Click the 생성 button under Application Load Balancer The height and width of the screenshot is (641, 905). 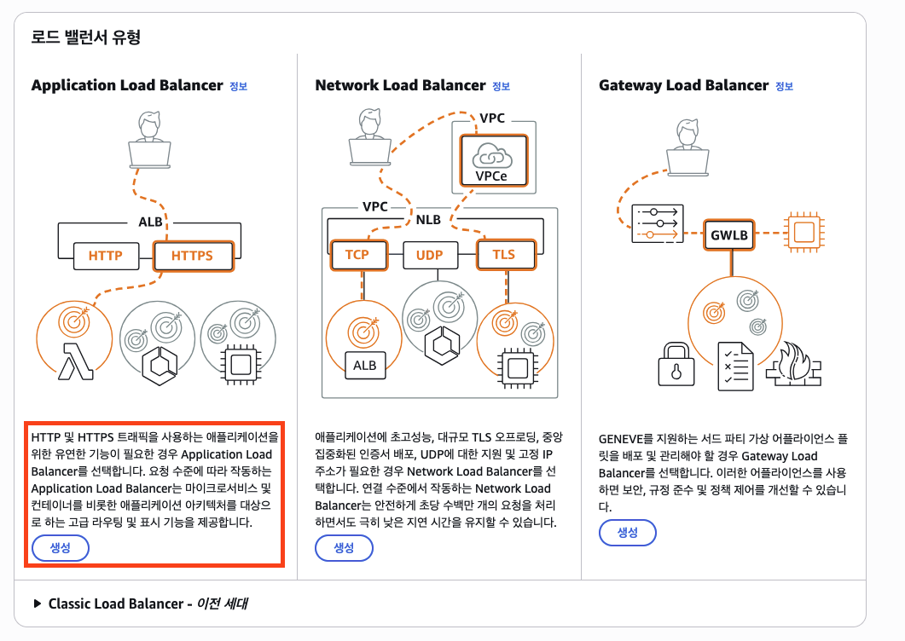(x=61, y=548)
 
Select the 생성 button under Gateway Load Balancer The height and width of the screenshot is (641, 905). (x=627, y=533)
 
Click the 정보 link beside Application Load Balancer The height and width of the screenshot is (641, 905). (x=238, y=86)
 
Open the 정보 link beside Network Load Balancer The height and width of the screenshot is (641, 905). (x=501, y=86)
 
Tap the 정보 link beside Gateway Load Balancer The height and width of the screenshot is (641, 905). (x=783, y=86)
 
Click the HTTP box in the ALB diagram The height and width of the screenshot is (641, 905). (x=105, y=255)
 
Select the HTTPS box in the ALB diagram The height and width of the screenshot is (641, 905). (x=192, y=255)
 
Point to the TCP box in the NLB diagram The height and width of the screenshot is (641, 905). (x=357, y=254)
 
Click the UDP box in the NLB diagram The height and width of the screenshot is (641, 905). (x=429, y=254)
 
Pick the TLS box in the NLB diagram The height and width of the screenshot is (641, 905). (x=503, y=254)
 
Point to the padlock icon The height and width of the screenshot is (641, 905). (x=678, y=365)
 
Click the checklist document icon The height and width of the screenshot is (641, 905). (x=735, y=367)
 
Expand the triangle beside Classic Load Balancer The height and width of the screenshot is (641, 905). (x=37, y=603)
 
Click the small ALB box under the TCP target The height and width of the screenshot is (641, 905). (x=364, y=365)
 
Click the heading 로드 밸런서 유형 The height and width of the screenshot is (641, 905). (x=85, y=38)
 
